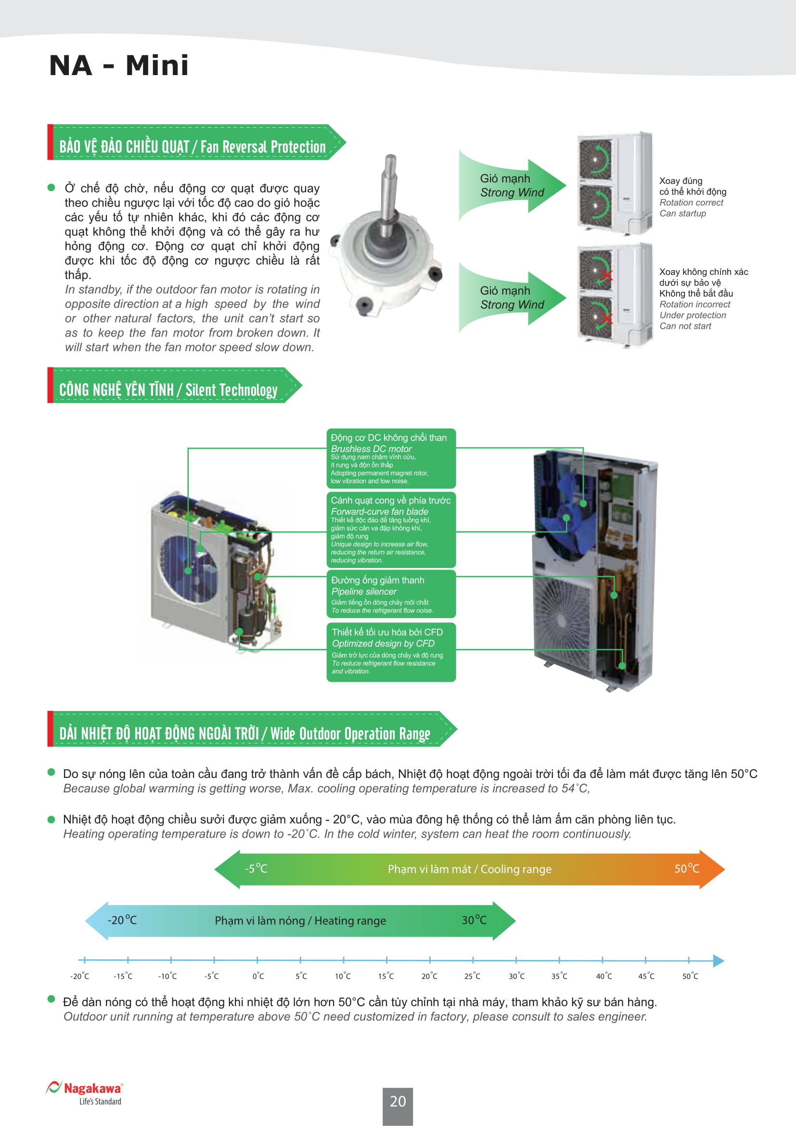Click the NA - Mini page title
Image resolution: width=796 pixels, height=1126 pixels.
coord(118,65)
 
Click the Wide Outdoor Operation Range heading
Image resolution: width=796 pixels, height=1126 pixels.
coord(244,733)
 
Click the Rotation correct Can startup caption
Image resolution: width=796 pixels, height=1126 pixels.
coord(691,207)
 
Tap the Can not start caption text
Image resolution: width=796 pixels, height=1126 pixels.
coord(685,326)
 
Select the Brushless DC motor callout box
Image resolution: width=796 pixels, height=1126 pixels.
coord(391,458)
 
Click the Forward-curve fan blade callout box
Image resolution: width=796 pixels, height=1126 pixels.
coord(391,529)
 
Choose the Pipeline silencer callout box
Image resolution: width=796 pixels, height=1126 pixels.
coord(391,594)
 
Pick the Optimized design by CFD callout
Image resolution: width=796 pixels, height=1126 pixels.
coord(391,651)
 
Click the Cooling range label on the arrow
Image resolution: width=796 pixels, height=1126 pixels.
coord(469,869)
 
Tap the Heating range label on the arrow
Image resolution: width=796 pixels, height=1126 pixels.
coord(300,920)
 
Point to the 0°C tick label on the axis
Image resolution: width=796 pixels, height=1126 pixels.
coord(258,976)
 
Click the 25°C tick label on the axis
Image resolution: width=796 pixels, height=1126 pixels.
coord(473,976)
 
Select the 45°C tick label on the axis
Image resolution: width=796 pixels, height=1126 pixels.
coord(646,976)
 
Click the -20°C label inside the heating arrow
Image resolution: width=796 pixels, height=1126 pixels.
coord(122,920)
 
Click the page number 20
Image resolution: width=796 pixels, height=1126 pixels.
coord(398,1101)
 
